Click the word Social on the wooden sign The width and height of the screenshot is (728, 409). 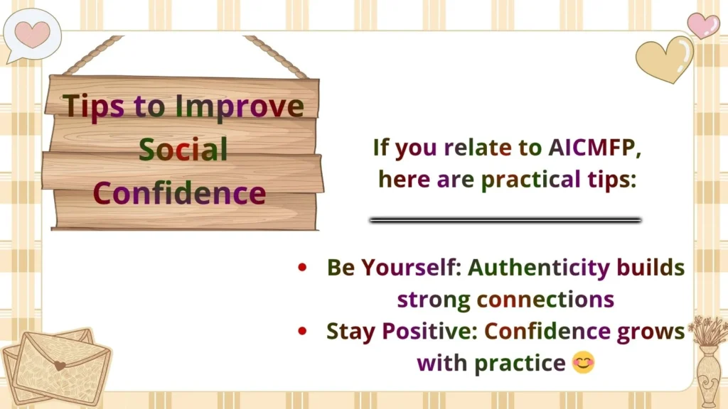point(183,149)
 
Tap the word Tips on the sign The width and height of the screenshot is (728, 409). point(94,106)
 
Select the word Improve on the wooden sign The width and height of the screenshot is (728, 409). point(240,106)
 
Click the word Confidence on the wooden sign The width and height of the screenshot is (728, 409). point(179,192)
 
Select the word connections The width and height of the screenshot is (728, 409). point(545,298)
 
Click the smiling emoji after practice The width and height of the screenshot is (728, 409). point(583,363)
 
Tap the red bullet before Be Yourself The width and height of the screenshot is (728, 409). point(304,268)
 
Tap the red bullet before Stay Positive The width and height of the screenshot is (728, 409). point(304,331)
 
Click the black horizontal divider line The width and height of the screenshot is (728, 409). point(505,220)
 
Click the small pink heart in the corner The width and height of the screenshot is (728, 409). point(703,25)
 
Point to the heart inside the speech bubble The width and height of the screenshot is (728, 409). point(33,32)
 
